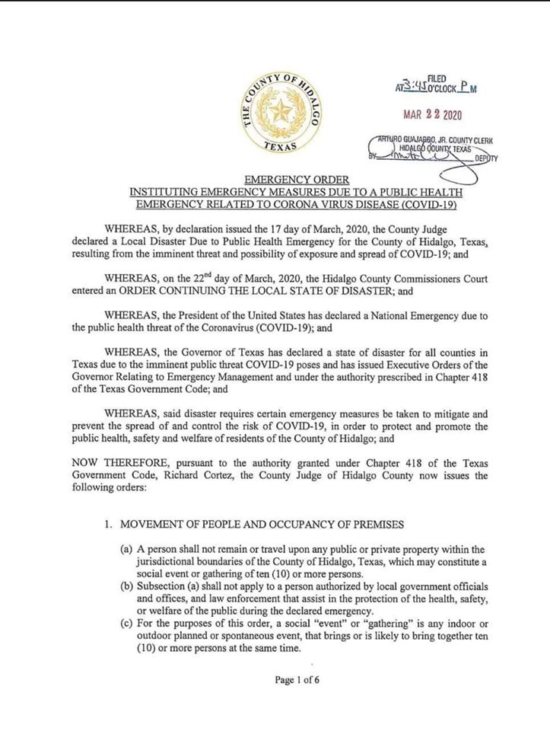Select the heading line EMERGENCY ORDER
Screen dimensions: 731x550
275,180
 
